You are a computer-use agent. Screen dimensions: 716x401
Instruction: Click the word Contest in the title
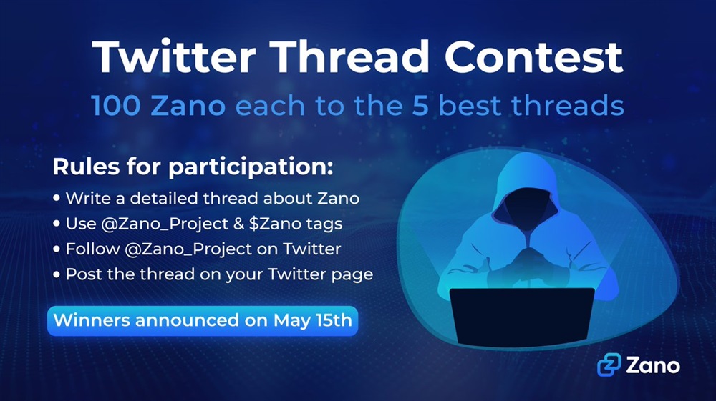click(x=534, y=57)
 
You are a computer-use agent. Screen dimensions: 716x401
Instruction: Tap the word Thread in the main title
click(x=351, y=57)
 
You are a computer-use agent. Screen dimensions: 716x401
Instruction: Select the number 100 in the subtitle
click(x=116, y=105)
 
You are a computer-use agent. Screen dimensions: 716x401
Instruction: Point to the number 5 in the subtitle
click(x=420, y=105)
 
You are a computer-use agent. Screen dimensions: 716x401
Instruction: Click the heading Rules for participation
click(x=193, y=167)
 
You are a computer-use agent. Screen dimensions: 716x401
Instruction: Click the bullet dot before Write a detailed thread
click(x=57, y=198)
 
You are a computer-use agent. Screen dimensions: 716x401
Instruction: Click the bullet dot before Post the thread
click(x=57, y=274)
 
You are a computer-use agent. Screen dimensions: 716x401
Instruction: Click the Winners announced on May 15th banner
click(x=203, y=320)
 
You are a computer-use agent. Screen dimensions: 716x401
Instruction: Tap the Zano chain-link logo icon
click(x=609, y=365)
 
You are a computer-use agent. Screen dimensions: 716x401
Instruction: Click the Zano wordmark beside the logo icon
click(x=653, y=365)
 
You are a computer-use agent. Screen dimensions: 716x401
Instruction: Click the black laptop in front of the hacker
click(x=522, y=315)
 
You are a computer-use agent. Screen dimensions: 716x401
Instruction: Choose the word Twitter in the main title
click(x=173, y=57)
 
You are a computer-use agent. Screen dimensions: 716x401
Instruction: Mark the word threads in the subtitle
click(x=568, y=105)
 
